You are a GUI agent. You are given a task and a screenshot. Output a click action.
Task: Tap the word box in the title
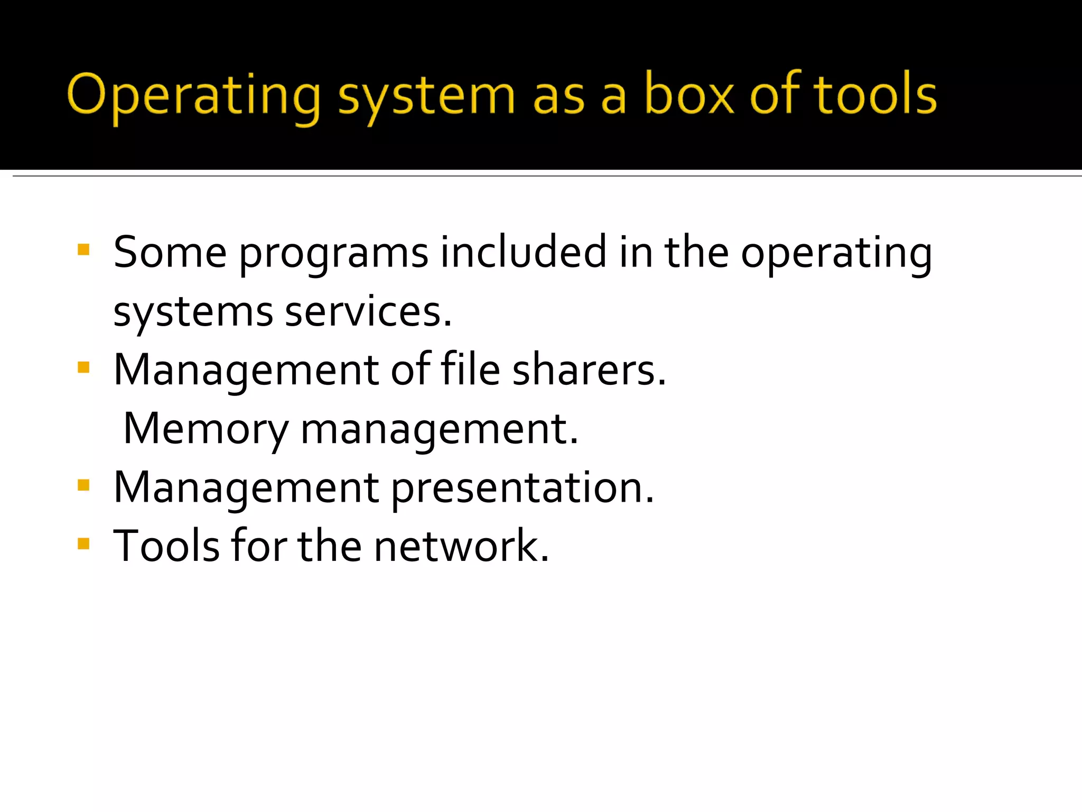point(689,94)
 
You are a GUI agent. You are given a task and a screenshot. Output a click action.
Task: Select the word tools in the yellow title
point(875,94)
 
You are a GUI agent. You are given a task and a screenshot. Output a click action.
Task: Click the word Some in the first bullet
point(170,252)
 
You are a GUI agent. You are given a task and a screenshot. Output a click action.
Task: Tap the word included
point(524,252)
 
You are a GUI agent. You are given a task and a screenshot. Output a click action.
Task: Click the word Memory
point(206,429)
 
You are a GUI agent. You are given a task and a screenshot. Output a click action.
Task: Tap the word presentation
point(523,488)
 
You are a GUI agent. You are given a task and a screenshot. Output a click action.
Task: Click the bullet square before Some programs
point(83,250)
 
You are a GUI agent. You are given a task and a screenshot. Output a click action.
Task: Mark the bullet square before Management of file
point(83,367)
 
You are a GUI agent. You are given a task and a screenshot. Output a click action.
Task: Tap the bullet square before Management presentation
point(83,485)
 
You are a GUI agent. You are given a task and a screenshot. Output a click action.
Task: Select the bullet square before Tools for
point(83,544)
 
